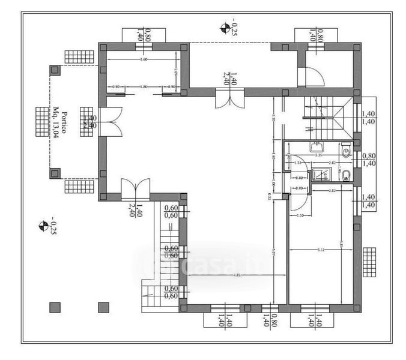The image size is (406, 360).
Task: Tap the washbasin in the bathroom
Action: coord(316,146)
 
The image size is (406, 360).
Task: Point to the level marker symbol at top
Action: coord(225,28)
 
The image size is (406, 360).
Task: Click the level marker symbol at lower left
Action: coord(43,226)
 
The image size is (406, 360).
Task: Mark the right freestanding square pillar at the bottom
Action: coord(101,307)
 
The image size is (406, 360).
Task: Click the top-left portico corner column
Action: coord(55,70)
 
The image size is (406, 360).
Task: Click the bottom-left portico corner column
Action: coord(55,173)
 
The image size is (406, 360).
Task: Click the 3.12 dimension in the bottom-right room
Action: coord(320,250)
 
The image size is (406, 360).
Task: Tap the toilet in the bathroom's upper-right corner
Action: coord(345,152)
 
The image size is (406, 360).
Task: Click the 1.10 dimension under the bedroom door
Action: coord(300,215)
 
